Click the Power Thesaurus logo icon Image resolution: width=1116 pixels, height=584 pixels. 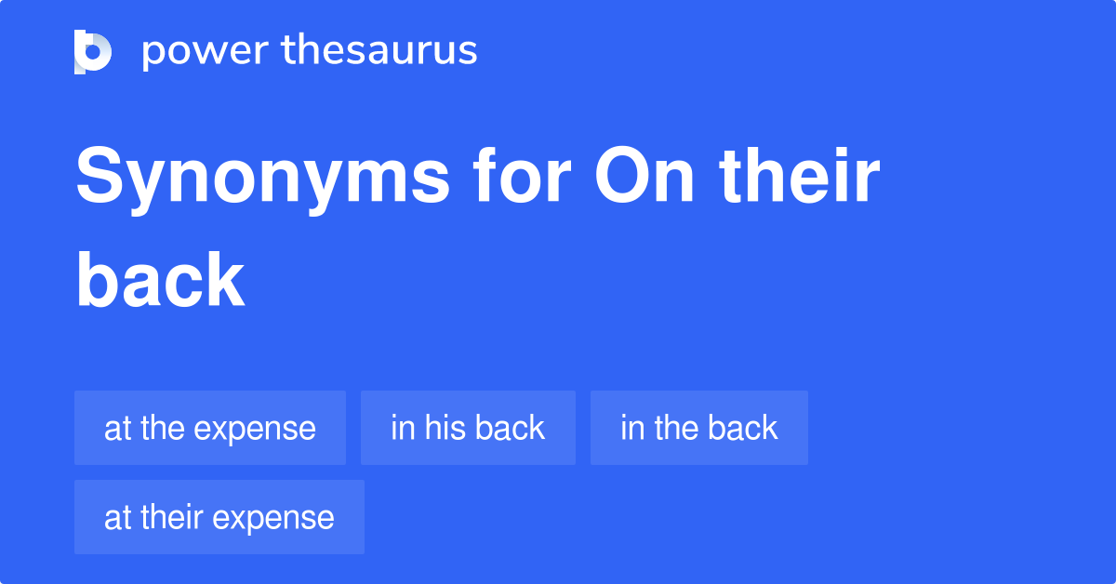click(93, 51)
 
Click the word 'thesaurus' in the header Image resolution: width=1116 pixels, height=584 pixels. click(379, 51)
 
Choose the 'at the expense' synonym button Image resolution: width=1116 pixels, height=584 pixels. click(210, 428)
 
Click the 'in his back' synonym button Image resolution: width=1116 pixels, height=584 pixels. click(468, 428)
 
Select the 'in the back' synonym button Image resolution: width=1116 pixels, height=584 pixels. click(698, 428)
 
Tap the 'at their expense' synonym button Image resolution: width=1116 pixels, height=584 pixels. click(219, 517)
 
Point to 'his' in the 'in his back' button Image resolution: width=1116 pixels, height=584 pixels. click(446, 428)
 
